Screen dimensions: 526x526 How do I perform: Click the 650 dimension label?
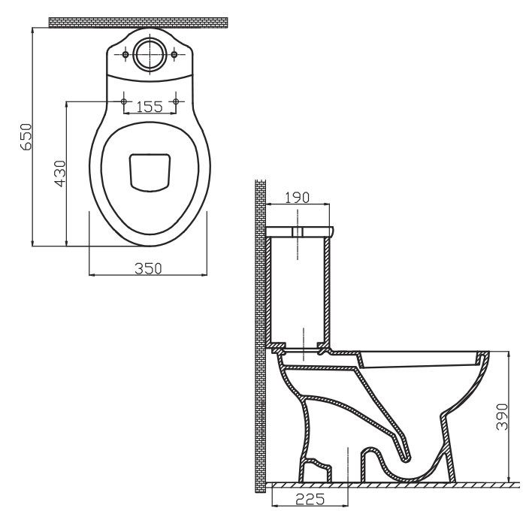pos(26,137)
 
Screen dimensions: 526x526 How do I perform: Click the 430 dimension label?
pos(60,174)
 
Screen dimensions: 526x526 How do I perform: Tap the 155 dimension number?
pos(150,107)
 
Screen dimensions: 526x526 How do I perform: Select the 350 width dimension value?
pos(148,268)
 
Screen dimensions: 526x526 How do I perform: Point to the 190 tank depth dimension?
pos(298,198)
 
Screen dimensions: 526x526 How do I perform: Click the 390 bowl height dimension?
pos(502,416)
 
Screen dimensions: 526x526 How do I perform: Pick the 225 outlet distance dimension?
pos(310,499)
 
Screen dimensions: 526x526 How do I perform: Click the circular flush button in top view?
pos(150,54)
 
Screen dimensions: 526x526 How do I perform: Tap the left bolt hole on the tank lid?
pos(125,54)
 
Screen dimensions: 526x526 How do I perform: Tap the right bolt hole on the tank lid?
pos(174,54)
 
